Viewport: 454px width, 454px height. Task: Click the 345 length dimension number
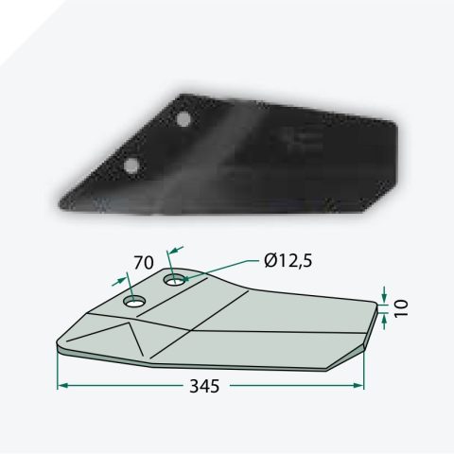pyautogui.click(x=204, y=386)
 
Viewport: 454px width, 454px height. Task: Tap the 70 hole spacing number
pyautogui.click(x=144, y=263)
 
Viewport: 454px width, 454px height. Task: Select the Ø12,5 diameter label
pyautogui.click(x=288, y=261)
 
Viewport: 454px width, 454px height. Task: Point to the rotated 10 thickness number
pyautogui.click(x=401, y=308)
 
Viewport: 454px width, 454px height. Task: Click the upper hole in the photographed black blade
pyautogui.click(x=183, y=119)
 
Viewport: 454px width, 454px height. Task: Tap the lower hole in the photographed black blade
pyautogui.click(x=131, y=166)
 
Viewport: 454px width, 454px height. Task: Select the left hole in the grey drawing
pyautogui.click(x=135, y=302)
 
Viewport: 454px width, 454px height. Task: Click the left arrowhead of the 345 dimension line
pyautogui.click(x=63, y=386)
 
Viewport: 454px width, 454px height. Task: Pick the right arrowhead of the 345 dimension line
pyautogui.click(x=358, y=385)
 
